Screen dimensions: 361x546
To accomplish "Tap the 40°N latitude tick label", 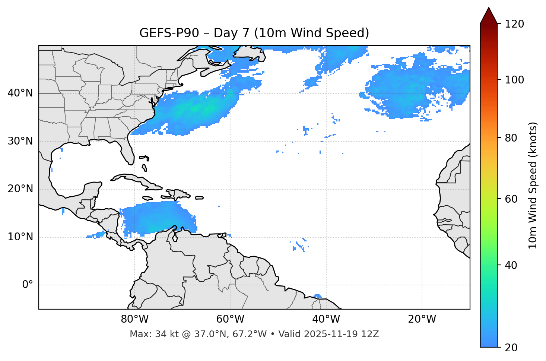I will pos(20,93).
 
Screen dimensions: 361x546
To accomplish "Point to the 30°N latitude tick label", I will pos(20,141).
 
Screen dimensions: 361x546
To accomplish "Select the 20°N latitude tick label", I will pos(20,189).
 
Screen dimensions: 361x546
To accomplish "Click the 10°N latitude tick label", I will pos(20,237).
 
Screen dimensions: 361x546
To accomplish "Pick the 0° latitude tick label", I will pos(28,285).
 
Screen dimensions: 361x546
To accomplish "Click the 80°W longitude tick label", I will pos(134,319).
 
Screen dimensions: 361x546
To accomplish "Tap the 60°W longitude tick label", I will pos(230,319).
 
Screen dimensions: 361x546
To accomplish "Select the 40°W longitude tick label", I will pos(326,319).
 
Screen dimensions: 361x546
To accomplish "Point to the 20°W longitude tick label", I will pos(422,319).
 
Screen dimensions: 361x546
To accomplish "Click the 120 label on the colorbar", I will pos(514,24).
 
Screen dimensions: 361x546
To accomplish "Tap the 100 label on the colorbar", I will pos(514,80).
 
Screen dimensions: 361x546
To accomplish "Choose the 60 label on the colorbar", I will pos(511,199).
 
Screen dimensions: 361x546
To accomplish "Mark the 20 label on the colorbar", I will pos(511,347).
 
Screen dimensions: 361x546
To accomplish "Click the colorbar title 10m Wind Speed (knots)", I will pos(533,185).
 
